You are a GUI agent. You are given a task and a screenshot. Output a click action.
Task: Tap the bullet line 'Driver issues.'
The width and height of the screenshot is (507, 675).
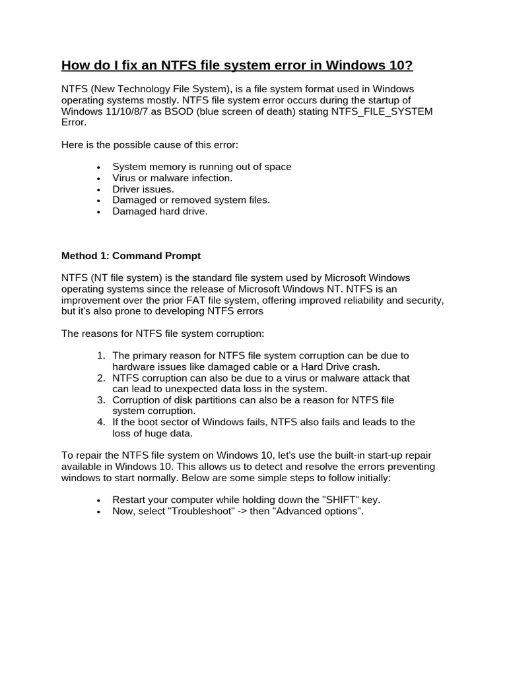(143, 189)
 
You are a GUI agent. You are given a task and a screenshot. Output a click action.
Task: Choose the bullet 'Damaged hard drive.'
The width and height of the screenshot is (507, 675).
(160, 212)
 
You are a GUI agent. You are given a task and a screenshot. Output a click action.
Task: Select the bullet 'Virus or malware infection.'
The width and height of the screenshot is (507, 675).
(172, 178)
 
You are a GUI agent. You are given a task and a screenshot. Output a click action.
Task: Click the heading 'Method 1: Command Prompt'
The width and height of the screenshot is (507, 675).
(131, 255)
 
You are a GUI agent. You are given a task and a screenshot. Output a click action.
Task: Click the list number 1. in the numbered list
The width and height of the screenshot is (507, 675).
(101, 355)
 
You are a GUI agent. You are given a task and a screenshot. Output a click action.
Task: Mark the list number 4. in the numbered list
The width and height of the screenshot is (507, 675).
(101, 422)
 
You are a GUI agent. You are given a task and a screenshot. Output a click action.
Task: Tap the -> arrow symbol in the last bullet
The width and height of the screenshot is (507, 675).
(242, 511)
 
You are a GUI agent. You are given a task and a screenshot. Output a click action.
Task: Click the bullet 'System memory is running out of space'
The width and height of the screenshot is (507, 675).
(201, 167)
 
